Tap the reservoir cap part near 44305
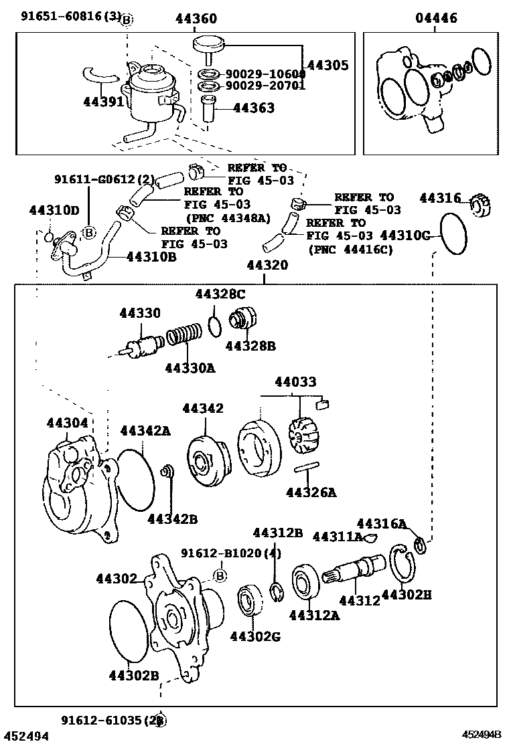click(x=208, y=45)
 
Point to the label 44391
click(x=103, y=102)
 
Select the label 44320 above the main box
click(x=267, y=266)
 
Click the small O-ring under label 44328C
click(x=215, y=327)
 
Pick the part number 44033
click(x=295, y=382)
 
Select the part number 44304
click(x=67, y=422)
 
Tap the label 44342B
click(x=172, y=518)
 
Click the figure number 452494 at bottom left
click(x=25, y=736)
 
